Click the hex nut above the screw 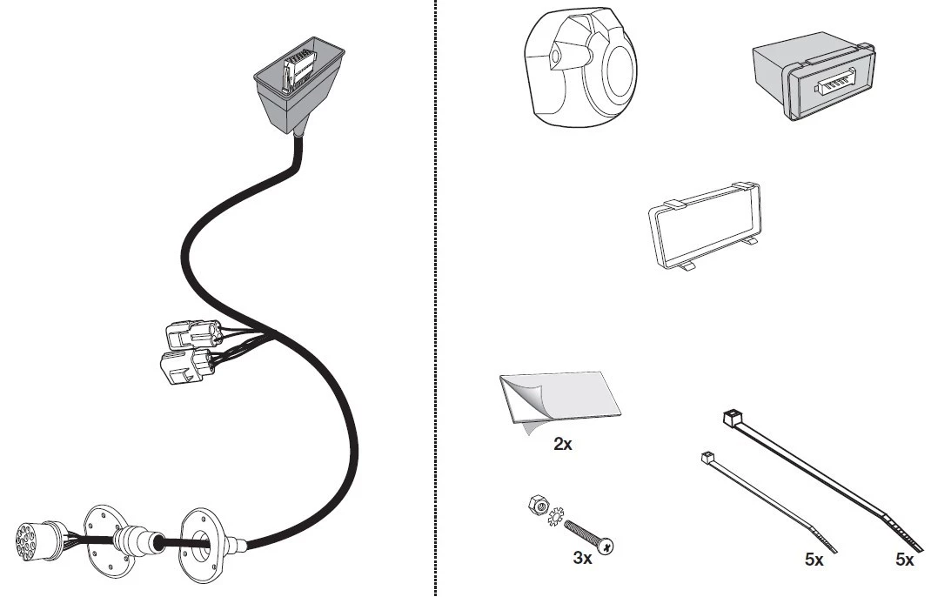[x=539, y=505]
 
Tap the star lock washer [x=556, y=516]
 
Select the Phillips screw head [x=606, y=545]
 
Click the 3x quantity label [x=582, y=558]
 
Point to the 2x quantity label [x=563, y=444]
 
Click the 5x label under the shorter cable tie [x=814, y=560]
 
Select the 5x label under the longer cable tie [x=905, y=560]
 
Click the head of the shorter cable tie [x=707, y=458]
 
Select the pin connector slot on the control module [x=834, y=84]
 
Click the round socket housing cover [x=580, y=67]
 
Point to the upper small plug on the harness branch [x=193, y=335]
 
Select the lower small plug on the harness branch [x=186, y=366]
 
